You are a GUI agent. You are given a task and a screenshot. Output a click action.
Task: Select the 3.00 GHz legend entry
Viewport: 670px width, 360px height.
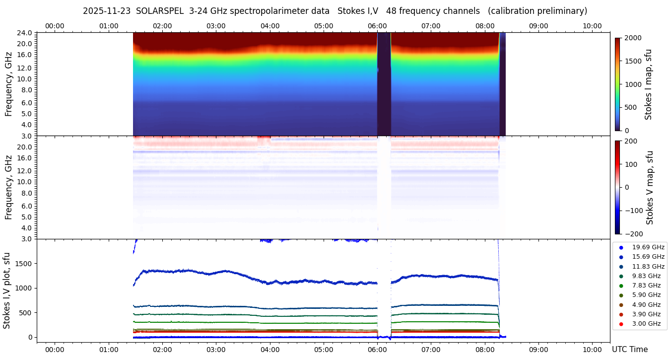[646, 324]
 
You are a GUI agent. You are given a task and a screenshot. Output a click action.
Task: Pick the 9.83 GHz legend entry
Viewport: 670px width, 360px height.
[646, 276]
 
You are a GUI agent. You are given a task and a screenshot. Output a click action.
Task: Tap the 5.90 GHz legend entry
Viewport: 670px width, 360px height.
[646, 295]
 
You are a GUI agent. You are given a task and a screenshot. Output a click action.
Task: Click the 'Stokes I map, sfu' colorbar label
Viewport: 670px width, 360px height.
[648, 84]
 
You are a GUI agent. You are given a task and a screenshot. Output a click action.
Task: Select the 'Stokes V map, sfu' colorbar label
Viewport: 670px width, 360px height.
[650, 187]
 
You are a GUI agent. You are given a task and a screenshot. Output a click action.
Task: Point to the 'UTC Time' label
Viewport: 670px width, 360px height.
[629, 349]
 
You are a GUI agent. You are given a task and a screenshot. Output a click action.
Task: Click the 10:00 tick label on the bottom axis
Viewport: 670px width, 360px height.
[592, 349]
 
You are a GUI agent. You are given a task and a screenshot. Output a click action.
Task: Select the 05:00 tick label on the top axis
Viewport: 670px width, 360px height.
[324, 26]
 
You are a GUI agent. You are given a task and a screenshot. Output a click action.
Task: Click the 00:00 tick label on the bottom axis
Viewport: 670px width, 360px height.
[55, 349]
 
